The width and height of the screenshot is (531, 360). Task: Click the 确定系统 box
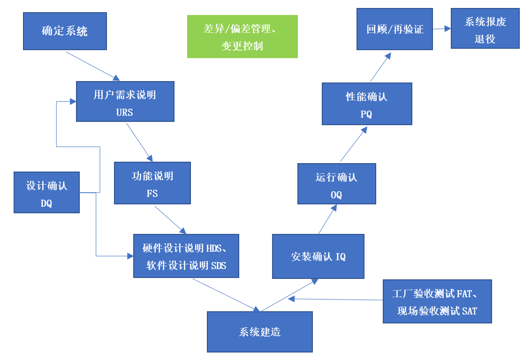tap(65, 31)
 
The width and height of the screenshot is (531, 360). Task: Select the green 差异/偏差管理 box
tap(242, 37)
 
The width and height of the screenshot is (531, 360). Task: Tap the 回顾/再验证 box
tap(394, 29)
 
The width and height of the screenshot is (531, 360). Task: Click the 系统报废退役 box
tap(485, 29)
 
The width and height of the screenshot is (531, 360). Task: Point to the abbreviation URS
tap(125, 112)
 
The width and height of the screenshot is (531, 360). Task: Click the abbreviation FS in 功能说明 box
tap(152, 194)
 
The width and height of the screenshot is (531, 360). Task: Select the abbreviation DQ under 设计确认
tap(46, 203)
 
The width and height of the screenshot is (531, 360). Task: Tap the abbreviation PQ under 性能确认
tap(366, 114)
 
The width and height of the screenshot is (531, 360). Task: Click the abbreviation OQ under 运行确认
tap(336, 195)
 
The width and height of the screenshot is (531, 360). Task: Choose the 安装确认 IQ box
tap(318, 257)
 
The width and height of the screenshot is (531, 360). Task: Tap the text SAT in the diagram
tap(470, 311)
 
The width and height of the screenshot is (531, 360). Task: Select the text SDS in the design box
tap(219, 266)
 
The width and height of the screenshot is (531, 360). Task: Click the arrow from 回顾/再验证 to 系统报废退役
tap(441, 29)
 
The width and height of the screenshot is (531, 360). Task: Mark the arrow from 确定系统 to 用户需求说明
tap(93, 66)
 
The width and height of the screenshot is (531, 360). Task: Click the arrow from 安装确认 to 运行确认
tap(327, 219)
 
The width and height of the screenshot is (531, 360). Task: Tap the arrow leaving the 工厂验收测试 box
tap(336, 299)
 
